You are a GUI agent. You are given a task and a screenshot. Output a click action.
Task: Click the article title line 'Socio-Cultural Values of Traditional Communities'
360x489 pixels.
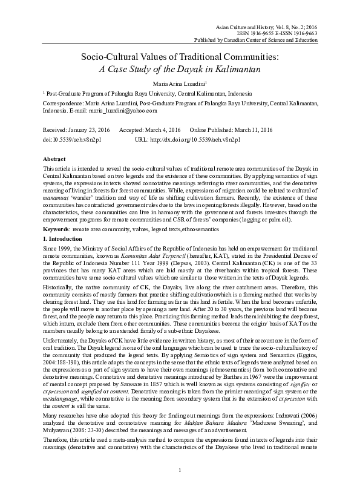[179, 57]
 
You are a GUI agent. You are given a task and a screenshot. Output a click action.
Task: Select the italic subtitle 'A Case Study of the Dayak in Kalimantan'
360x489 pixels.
[179, 69]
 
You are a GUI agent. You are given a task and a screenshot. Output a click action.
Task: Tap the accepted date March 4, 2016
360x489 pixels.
[160, 130]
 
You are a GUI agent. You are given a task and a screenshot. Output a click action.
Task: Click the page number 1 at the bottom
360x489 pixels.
[180, 470]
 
